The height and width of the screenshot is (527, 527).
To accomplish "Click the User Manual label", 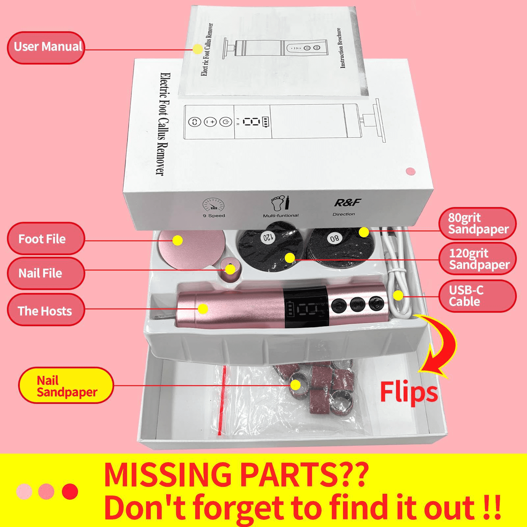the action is click(46, 48).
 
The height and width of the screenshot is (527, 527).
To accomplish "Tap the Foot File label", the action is click(46, 239).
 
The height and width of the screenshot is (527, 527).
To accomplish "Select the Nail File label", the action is click(46, 273).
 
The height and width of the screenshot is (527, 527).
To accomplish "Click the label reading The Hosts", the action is click(46, 310).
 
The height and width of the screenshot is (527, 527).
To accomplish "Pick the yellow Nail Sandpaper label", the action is click(66, 386).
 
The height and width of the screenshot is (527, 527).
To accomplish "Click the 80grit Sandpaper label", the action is click(478, 224).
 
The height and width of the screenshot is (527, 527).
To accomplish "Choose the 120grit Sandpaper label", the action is click(478, 259).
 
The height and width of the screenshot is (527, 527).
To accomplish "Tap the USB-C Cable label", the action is click(478, 296).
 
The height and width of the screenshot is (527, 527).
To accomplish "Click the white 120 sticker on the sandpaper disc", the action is click(267, 237).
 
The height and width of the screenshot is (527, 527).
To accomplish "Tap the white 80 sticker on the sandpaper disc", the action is click(334, 238).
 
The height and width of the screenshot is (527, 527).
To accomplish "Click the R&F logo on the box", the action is click(348, 202).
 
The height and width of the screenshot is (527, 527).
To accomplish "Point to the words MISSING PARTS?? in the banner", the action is click(236, 475).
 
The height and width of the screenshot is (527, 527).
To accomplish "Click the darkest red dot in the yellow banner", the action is click(70, 491).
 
